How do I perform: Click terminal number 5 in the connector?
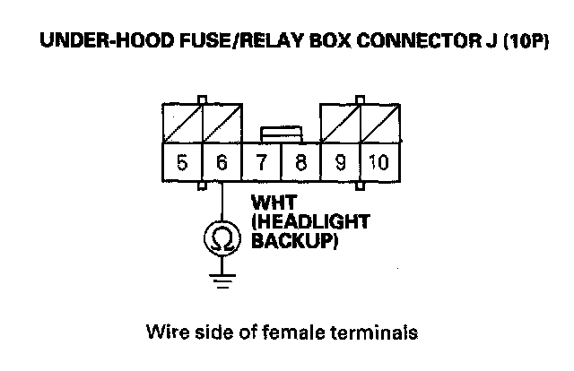[x=182, y=163]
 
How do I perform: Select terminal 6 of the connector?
[x=222, y=163]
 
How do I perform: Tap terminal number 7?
[x=261, y=163]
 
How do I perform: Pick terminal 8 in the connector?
[x=300, y=163]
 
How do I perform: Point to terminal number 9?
[x=340, y=163]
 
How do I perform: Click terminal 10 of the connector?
[x=378, y=163]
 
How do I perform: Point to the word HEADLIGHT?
[x=300, y=221]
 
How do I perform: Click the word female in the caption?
[x=310, y=333]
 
